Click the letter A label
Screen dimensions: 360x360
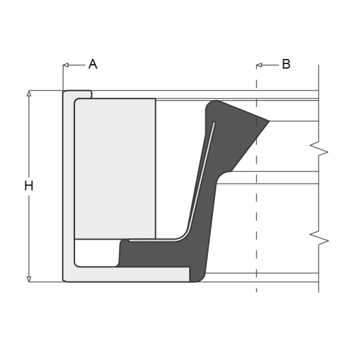pos(93,64)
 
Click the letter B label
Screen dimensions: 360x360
pos(286,64)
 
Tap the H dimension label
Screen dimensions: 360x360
pos(28,186)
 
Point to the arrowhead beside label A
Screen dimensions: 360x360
pos(65,65)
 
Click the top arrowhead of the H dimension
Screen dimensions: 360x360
pos(28,93)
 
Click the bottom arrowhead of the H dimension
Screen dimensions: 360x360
pos(28,279)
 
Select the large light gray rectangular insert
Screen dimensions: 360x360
pos(115,168)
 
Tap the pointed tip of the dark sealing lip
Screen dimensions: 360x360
pos(267,120)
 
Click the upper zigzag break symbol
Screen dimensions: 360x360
pos(319,150)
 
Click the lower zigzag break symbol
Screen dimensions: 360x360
pos(319,240)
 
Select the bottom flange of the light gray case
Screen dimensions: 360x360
pos(129,275)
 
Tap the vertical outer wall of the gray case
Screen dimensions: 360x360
pos(68,188)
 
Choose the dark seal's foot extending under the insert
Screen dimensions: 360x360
pos(155,253)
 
